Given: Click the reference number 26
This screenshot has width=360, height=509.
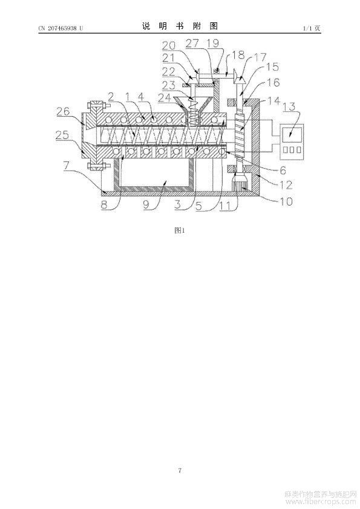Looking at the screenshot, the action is (x=63, y=111).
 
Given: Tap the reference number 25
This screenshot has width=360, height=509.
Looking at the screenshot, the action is (x=62, y=135).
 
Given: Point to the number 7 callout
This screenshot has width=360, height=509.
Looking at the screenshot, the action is (x=66, y=166).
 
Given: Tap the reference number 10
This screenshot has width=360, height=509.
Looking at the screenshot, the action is (x=286, y=201).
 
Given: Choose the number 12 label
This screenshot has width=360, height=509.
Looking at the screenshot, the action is (x=286, y=185).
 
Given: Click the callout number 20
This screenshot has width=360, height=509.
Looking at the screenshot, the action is (x=169, y=45).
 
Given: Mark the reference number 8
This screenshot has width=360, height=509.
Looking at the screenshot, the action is (x=104, y=205).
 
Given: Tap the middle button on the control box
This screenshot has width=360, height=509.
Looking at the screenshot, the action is (x=292, y=150).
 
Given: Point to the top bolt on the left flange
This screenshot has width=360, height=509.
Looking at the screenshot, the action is (x=96, y=106).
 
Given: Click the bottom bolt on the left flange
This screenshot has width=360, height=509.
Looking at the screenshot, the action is (x=96, y=167).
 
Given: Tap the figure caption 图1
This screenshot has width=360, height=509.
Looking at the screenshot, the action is (x=179, y=230).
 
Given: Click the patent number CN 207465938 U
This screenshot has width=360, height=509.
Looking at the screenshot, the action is (x=61, y=28).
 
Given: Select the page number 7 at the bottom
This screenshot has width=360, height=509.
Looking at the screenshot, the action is (x=180, y=470).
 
